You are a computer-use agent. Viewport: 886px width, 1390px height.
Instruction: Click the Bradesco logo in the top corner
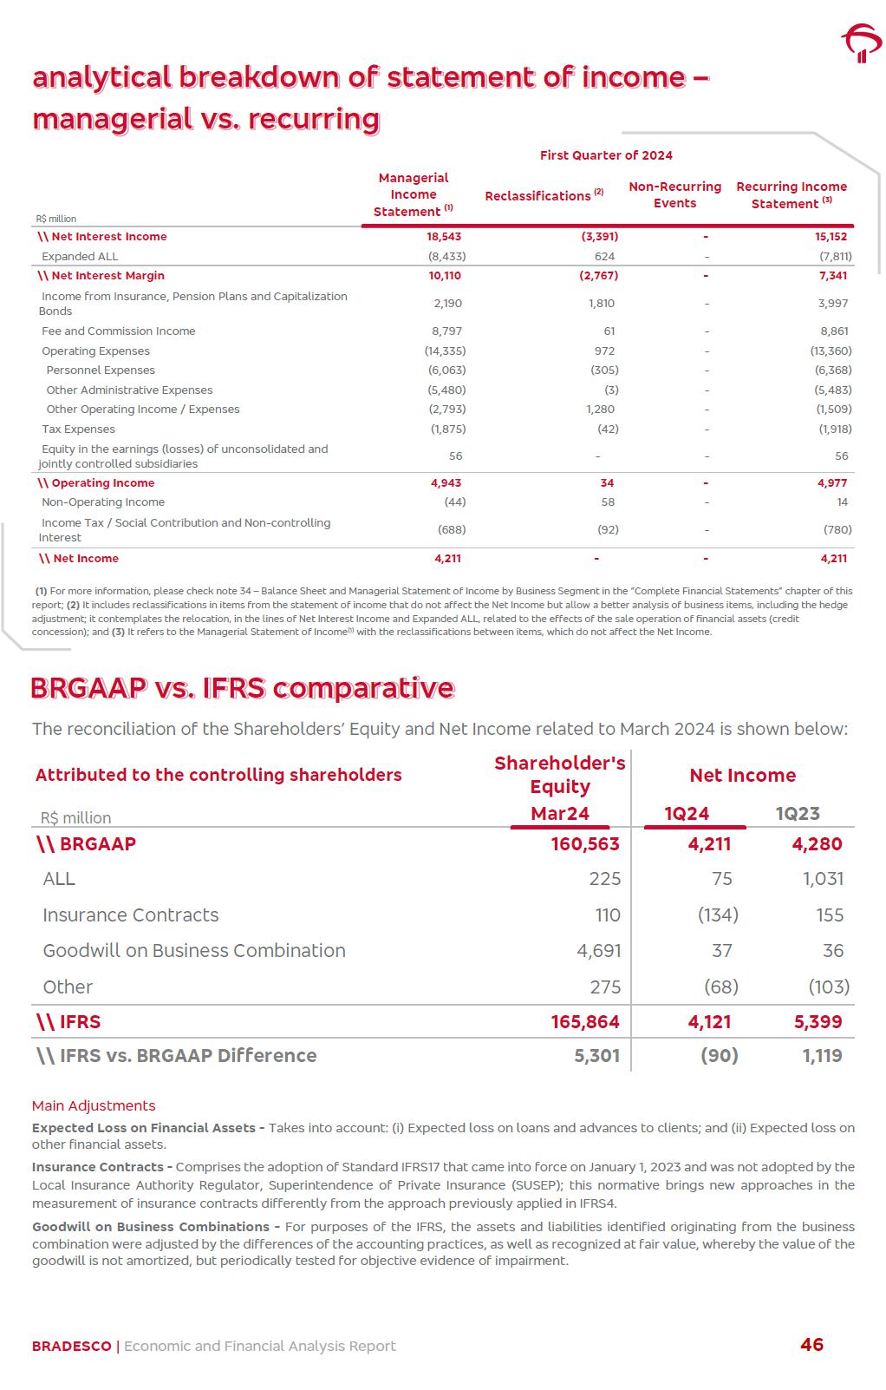coord(861,44)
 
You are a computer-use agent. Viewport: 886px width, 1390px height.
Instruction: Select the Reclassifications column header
coord(544,195)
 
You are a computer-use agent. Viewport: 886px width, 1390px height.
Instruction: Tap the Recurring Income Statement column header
coord(791,195)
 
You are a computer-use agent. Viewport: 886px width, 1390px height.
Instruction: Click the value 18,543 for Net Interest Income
coord(444,236)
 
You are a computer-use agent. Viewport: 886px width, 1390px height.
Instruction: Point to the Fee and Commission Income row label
coord(119,331)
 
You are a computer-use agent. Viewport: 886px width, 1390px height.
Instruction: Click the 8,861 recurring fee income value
coord(834,331)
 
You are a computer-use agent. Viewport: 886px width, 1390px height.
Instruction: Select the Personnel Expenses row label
coord(101,370)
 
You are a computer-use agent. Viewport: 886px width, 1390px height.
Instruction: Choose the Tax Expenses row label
coord(78,429)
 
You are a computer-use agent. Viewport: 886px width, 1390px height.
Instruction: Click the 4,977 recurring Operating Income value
coord(832,482)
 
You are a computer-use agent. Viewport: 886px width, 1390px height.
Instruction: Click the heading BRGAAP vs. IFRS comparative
coord(243,688)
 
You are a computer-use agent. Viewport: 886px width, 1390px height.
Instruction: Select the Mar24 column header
coord(560,813)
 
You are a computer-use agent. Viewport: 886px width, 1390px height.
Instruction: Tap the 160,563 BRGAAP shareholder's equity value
coord(585,844)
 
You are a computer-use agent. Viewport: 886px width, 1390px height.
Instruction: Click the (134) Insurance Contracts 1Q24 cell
coord(718,915)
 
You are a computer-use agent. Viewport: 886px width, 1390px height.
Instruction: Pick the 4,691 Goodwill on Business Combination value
coord(599,950)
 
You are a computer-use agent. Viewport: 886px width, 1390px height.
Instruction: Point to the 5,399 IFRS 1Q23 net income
coord(818,1021)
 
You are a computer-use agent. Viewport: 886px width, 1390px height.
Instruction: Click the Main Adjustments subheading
coord(94,1105)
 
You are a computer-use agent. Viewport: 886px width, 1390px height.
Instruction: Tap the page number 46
coord(811,1344)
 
